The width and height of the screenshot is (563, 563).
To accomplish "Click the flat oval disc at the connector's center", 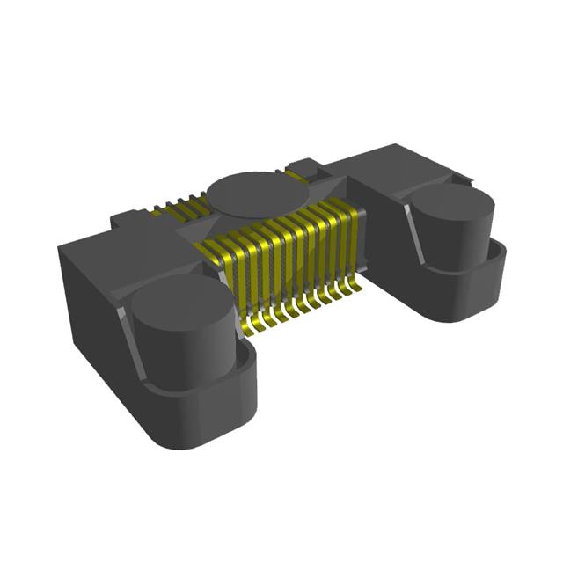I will coord(255,193).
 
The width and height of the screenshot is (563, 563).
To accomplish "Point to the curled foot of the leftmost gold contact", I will coord(254,328).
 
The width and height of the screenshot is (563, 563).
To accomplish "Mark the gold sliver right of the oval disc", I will coord(296,177).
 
